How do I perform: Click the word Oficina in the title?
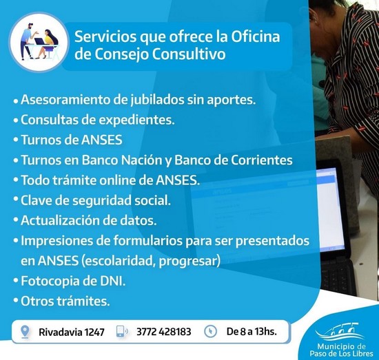[x=256, y=36]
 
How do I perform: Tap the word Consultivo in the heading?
[x=189, y=54]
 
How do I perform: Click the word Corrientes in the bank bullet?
[x=262, y=160]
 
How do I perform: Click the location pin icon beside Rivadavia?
[x=25, y=332]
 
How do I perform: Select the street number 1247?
[x=94, y=332]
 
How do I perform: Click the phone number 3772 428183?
[x=163, y=332]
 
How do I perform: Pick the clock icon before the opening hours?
[x=210, y=331]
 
